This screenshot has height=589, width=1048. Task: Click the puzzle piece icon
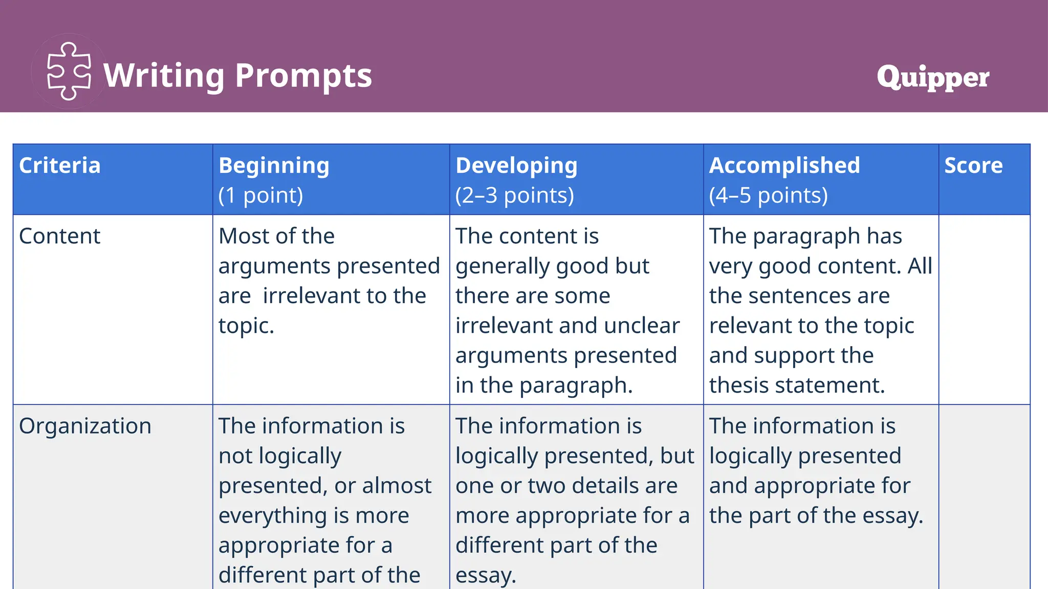coord(69,71)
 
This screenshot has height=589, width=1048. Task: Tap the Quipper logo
coord(932,77)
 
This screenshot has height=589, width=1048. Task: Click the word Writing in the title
coord(164,76)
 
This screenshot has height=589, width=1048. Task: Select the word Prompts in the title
coord(303,76)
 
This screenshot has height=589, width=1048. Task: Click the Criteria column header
coord(60,166)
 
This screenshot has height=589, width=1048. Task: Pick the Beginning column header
coord(274,166)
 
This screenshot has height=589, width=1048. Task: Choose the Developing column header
coord(516,166)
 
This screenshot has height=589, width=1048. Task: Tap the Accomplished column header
coord(784,166)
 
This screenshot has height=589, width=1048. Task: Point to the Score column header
coord(973,166)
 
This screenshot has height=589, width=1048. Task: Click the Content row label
coord(60,236)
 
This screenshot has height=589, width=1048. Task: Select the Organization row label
coord(85,426)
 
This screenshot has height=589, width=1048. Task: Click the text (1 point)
coord(261,195)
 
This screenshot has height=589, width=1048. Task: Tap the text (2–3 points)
coord(515,195)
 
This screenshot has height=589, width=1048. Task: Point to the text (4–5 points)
coord(768,195)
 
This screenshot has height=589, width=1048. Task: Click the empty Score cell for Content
coord(984,309)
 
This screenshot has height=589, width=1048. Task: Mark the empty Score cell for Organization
coord(984,496)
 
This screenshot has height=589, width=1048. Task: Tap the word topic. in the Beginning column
coord(246,326)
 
